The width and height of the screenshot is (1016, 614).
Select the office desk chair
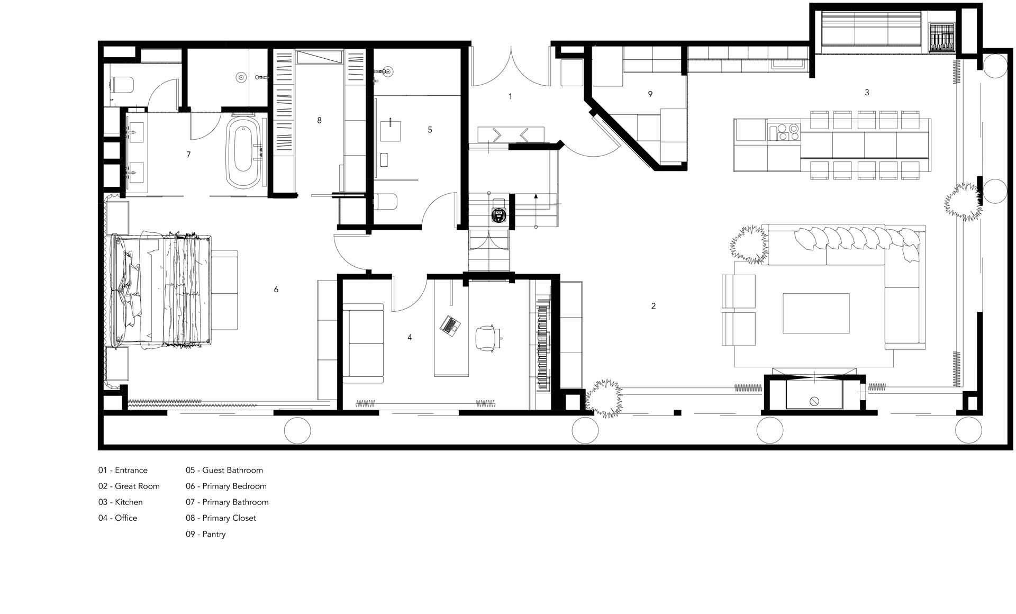click(x=487, y=338)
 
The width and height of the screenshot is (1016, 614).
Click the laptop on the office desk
click(x=450, y=324)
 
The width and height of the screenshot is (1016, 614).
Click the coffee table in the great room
click(x=816, y=313)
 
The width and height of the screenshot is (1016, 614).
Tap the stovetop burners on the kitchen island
click(x=783, y=131)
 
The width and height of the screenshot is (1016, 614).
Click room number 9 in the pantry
click(x=650, y=94)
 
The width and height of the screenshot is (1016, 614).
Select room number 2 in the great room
click(x=654, y=306)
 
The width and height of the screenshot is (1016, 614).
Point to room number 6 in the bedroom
click(x=276, y=290)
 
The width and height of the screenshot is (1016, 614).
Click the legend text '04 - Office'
click(x=117, y=518)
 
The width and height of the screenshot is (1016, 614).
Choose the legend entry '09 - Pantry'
click(x=205, y=534)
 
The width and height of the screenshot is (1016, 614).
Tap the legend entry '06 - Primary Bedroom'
click(x=226, y=486)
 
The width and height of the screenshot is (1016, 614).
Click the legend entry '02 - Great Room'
click(x=129, y=486)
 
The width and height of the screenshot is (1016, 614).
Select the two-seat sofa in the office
click(x=363, y=342)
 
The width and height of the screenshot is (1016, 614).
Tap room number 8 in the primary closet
click(x=319, y=120)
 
